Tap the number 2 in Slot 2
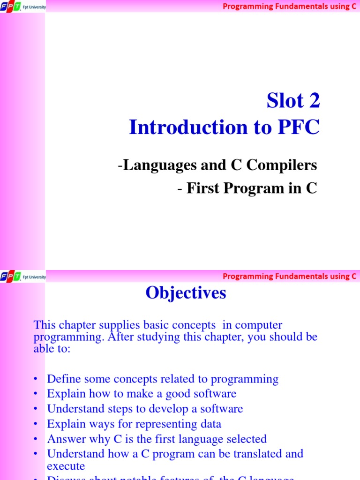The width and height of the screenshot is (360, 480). [x=314, y=100]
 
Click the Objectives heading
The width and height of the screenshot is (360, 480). [x=186, y=293]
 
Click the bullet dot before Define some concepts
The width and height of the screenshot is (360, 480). [x=36, y=379]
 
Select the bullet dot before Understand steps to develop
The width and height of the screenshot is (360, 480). [x=36, y=409]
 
